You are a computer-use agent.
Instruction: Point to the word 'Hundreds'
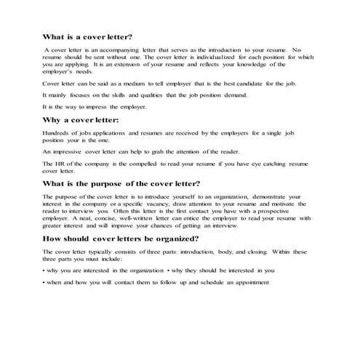click(x=57, y=133)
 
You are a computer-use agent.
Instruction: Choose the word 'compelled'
click(x=143, y=164)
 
